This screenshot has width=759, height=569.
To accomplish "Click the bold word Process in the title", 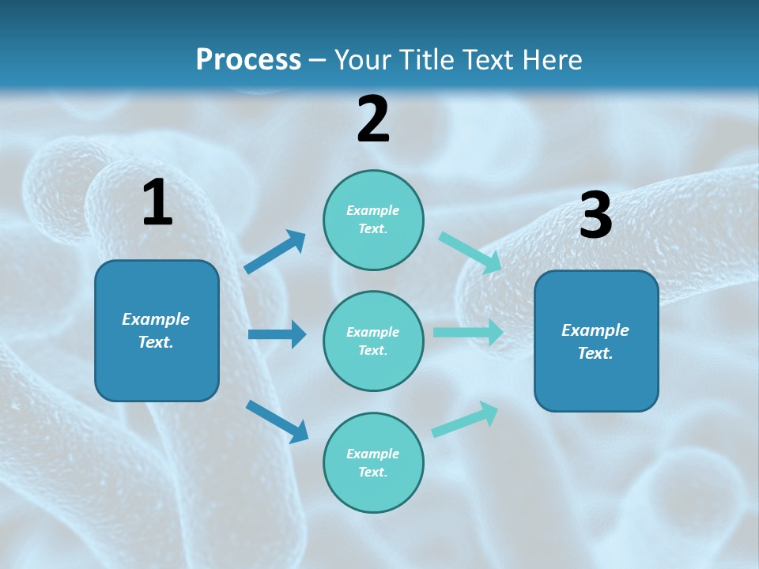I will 248,59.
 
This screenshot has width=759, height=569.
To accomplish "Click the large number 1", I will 157,203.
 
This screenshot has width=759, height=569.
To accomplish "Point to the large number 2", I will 373,119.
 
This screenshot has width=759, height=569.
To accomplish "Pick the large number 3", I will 595,215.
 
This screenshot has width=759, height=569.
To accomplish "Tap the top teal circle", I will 373,220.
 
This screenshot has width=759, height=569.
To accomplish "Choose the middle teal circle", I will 373,341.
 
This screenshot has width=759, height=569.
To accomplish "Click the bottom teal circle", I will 373,462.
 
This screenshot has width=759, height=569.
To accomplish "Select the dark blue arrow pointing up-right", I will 275,252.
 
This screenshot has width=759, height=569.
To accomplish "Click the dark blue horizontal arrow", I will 277,334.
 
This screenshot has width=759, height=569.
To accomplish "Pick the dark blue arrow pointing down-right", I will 277,420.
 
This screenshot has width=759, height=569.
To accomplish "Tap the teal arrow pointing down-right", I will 470,253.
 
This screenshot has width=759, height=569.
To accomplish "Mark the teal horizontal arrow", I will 468,333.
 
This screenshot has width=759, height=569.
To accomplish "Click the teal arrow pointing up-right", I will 465,420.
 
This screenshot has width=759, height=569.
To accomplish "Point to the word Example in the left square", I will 156,319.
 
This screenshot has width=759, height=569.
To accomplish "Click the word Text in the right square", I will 595,353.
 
